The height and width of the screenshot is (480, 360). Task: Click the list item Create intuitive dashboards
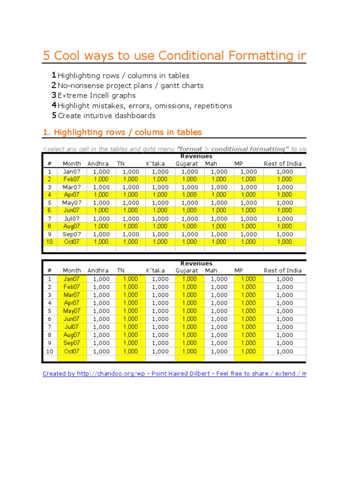(x=106, y=116)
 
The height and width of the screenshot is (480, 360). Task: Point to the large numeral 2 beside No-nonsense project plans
(x=54, y=85)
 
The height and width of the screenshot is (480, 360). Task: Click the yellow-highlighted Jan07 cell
(x=72, y=279)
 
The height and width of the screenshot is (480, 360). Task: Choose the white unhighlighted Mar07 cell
(x=72, y=187)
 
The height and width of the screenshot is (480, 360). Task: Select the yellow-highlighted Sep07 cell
(x=72, y=343)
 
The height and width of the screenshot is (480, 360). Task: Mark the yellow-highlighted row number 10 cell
(x=49, y=242)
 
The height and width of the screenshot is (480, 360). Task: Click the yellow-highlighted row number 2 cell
(x=49, y=179)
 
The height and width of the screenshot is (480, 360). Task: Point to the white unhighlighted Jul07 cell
(x=72, y=219)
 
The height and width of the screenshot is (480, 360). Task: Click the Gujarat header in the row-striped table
(x=187, y=164)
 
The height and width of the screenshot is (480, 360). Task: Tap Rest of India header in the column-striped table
(x=283, y=270)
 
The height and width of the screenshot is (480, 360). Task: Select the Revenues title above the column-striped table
(x=196, y=263)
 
